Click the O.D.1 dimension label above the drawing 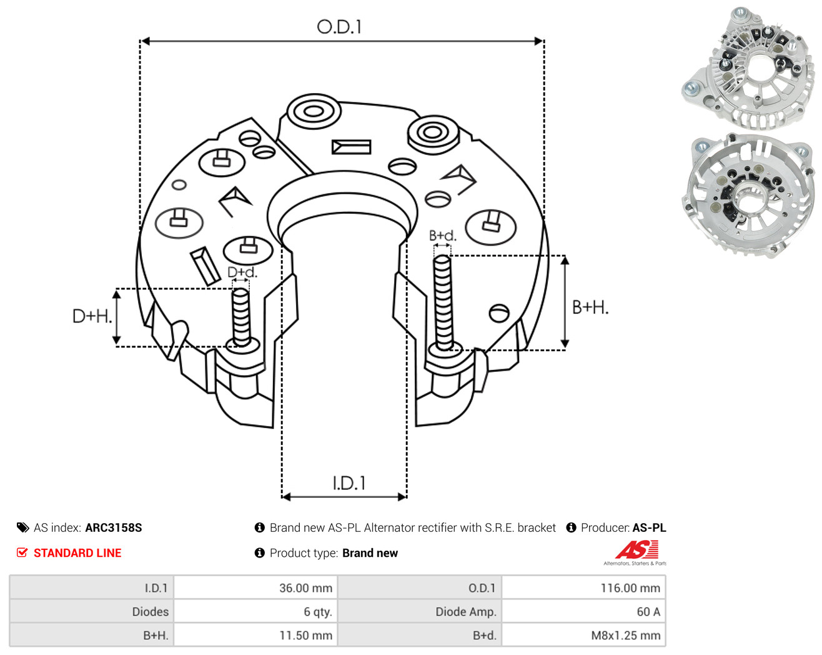339,27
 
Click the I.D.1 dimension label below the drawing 349,483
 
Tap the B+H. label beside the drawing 590,307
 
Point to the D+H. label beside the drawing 92,316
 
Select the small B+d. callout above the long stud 442,236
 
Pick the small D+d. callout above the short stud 242,272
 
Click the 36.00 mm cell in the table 305,587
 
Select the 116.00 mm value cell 630,587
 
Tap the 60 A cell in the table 648,611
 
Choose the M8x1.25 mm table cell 626,635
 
